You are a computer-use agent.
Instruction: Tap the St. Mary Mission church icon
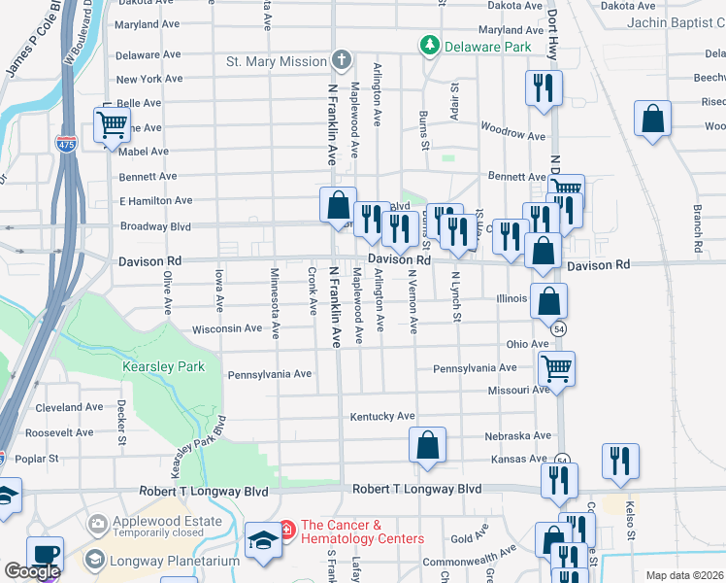coord(341,61)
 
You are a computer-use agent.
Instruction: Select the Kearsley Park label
coord(150,366)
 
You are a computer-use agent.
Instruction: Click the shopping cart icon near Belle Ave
coord(112,124)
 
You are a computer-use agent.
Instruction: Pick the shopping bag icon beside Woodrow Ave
coord(653,120)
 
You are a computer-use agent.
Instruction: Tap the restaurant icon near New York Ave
coord(543,88)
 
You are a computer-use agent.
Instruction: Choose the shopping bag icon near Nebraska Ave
coord(427,446)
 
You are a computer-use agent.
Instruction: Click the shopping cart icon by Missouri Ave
coord(556,368)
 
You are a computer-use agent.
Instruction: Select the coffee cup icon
coord(45,554)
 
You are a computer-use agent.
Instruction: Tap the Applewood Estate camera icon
coord(98,525)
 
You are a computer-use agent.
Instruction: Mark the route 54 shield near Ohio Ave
coord(559,330)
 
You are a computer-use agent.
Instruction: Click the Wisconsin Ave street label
coord(227,328)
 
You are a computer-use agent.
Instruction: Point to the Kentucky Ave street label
coord(382,416)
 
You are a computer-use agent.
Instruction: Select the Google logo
coord(32,571)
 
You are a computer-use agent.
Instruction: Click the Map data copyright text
coord(684,575)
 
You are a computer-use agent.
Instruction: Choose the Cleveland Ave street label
coord(69,408)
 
